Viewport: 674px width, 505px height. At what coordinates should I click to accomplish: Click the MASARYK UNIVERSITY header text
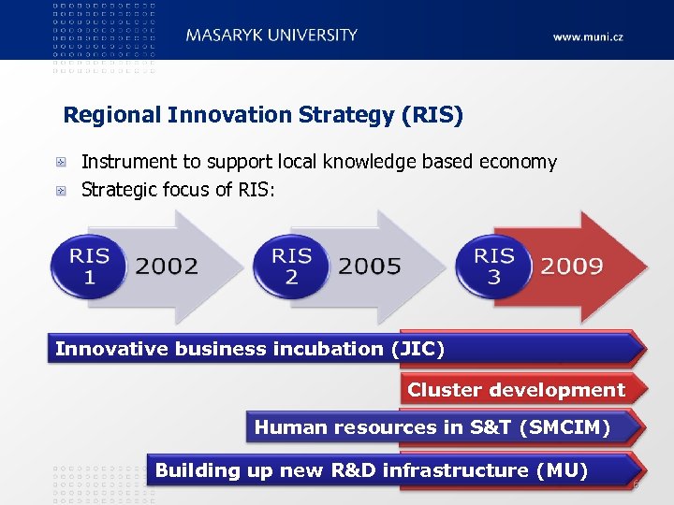(x=271, y=36)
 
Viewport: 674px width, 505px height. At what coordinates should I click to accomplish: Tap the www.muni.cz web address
(x=588, y=37)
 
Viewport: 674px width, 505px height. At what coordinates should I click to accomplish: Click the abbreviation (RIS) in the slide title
(x=432, y=116)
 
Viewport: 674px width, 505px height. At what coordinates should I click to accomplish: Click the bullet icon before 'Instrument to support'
(x=61, y=163)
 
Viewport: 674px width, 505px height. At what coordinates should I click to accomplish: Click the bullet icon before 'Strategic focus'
(x=61, y=191)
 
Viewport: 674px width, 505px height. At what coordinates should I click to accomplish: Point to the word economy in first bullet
(x=518, y=162)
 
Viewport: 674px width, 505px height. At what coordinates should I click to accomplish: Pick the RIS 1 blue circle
(x=90, y=267)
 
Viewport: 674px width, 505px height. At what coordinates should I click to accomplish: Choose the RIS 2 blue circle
(x=292, y=267)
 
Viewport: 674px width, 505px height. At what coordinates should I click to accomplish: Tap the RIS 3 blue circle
(x=494, y=267)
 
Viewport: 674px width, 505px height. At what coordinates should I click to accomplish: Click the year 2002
(x=168, y=267)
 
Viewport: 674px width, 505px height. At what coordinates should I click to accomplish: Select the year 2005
(x=370, y=267)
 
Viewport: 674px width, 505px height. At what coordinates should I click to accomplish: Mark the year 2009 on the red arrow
(x=572, y=267)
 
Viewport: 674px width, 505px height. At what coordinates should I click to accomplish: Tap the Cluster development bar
(x=516, y=390)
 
